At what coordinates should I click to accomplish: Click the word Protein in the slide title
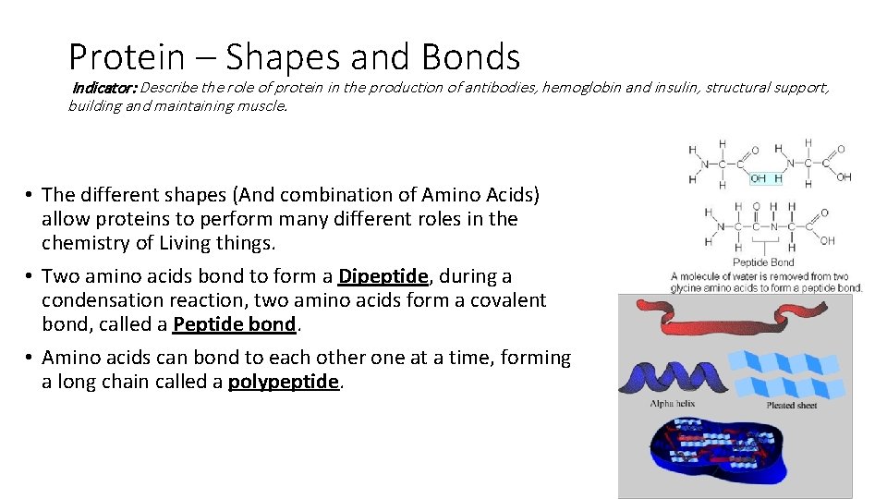127,57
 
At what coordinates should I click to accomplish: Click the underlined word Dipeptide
383,276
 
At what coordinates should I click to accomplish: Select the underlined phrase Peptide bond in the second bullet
236,324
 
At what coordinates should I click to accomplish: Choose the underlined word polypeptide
285,382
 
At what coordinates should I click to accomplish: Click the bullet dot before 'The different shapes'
30,195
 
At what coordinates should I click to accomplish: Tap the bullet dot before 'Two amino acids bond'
30,276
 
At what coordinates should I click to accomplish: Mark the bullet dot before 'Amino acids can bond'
30,358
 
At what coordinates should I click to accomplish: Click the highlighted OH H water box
766,178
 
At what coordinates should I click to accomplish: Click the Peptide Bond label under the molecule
763,262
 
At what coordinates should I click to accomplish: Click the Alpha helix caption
672,404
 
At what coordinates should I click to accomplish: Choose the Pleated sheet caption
792,405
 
